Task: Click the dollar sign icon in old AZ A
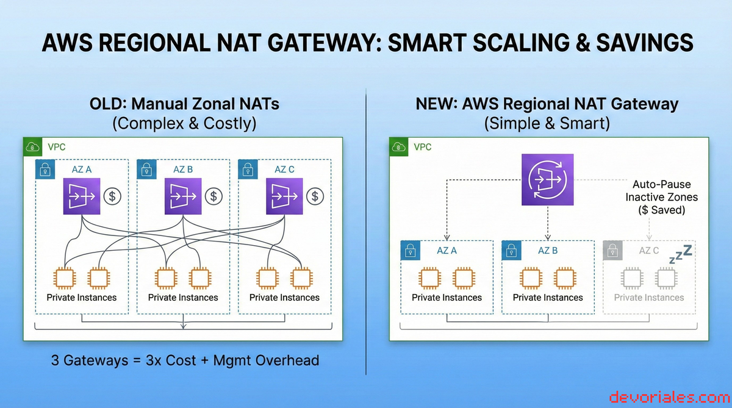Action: coord(112,196)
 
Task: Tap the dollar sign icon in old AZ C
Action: coord(315,196)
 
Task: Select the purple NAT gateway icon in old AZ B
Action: coord(183,196)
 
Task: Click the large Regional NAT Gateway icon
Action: coord(547,180)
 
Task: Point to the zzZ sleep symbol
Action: coord(680,254)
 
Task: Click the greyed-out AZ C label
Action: coord(648,251)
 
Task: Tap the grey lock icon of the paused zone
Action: coord(612,251)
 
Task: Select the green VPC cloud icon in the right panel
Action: coord(399,146)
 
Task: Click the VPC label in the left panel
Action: coord(57,147)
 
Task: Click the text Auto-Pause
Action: coord(662,184)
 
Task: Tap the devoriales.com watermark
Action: coord(670,397)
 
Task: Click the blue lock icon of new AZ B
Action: coord(511,251)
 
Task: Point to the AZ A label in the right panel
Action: coord(447,251)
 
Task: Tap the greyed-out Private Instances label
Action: coord(649,298)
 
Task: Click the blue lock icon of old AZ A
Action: coord(45,170)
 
